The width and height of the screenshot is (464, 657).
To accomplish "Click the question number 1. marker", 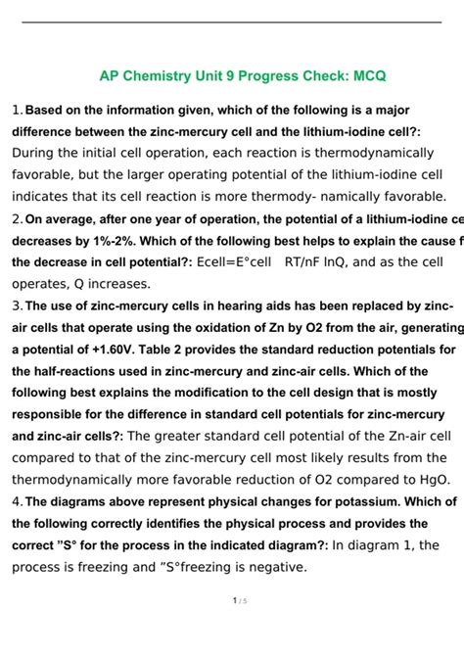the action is [18, 110].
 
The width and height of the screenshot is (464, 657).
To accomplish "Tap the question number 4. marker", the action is [18, 501].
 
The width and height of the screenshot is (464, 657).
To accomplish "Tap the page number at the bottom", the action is [232, 628].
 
